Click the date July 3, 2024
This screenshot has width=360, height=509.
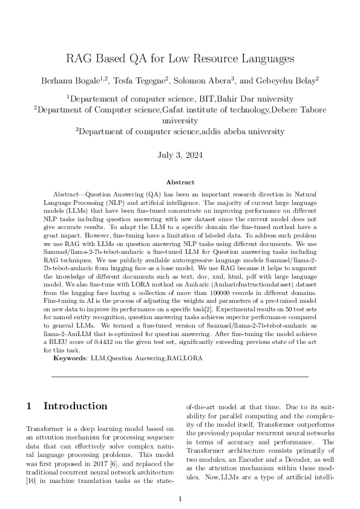(180, 154)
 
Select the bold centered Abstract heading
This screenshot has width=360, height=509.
(180, 182)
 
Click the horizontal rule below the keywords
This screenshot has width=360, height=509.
(180, 377)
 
